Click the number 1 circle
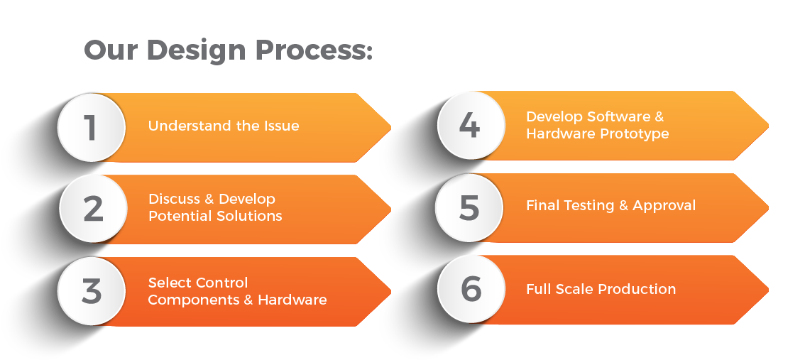click(x=91, y=128)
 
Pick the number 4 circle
click(x=469, y=126)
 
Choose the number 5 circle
click(x=469, y=207)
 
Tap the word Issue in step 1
click(x=280, y=126)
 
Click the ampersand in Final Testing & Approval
click(x=623, y=206)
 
